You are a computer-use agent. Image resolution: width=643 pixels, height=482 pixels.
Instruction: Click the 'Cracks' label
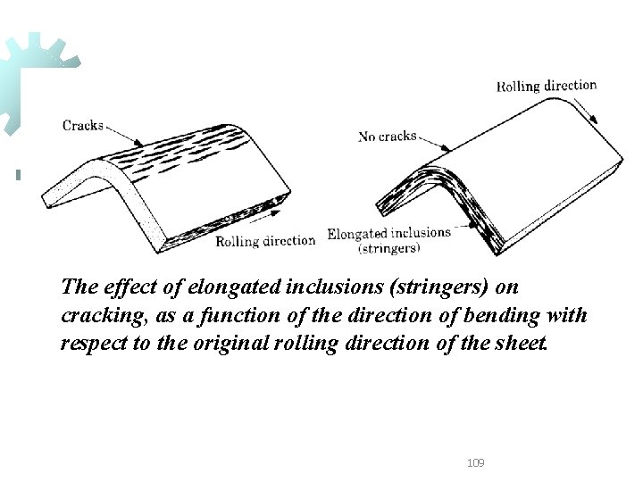coord(83,126)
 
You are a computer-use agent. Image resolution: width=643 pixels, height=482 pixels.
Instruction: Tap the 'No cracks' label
coord(388,137)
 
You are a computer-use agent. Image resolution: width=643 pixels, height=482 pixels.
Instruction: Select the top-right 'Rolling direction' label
coord(547,86)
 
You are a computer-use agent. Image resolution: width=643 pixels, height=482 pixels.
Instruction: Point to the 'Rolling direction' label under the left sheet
coord(265,240)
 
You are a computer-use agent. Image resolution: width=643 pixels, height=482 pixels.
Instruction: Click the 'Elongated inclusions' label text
coord(388,234)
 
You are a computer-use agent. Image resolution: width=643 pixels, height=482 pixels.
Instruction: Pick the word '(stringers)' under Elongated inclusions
coord(389,249)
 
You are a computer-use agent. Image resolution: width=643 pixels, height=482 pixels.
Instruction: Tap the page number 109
coord(476,462)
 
